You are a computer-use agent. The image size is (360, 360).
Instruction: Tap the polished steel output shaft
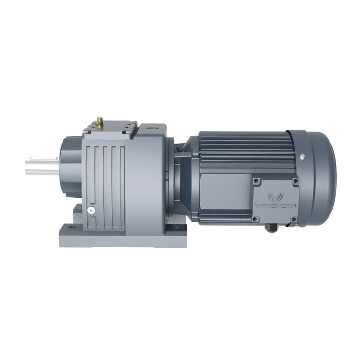click(41, 166)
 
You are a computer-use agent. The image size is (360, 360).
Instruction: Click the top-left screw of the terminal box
click(257, 181)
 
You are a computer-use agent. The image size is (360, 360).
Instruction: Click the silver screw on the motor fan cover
click(302, 156)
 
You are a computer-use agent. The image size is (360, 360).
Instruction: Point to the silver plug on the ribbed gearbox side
click(90, 210)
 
